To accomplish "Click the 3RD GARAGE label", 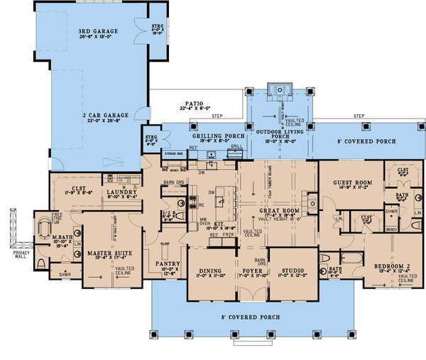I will coord(98,32).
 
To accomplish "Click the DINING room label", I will coord(211,271).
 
